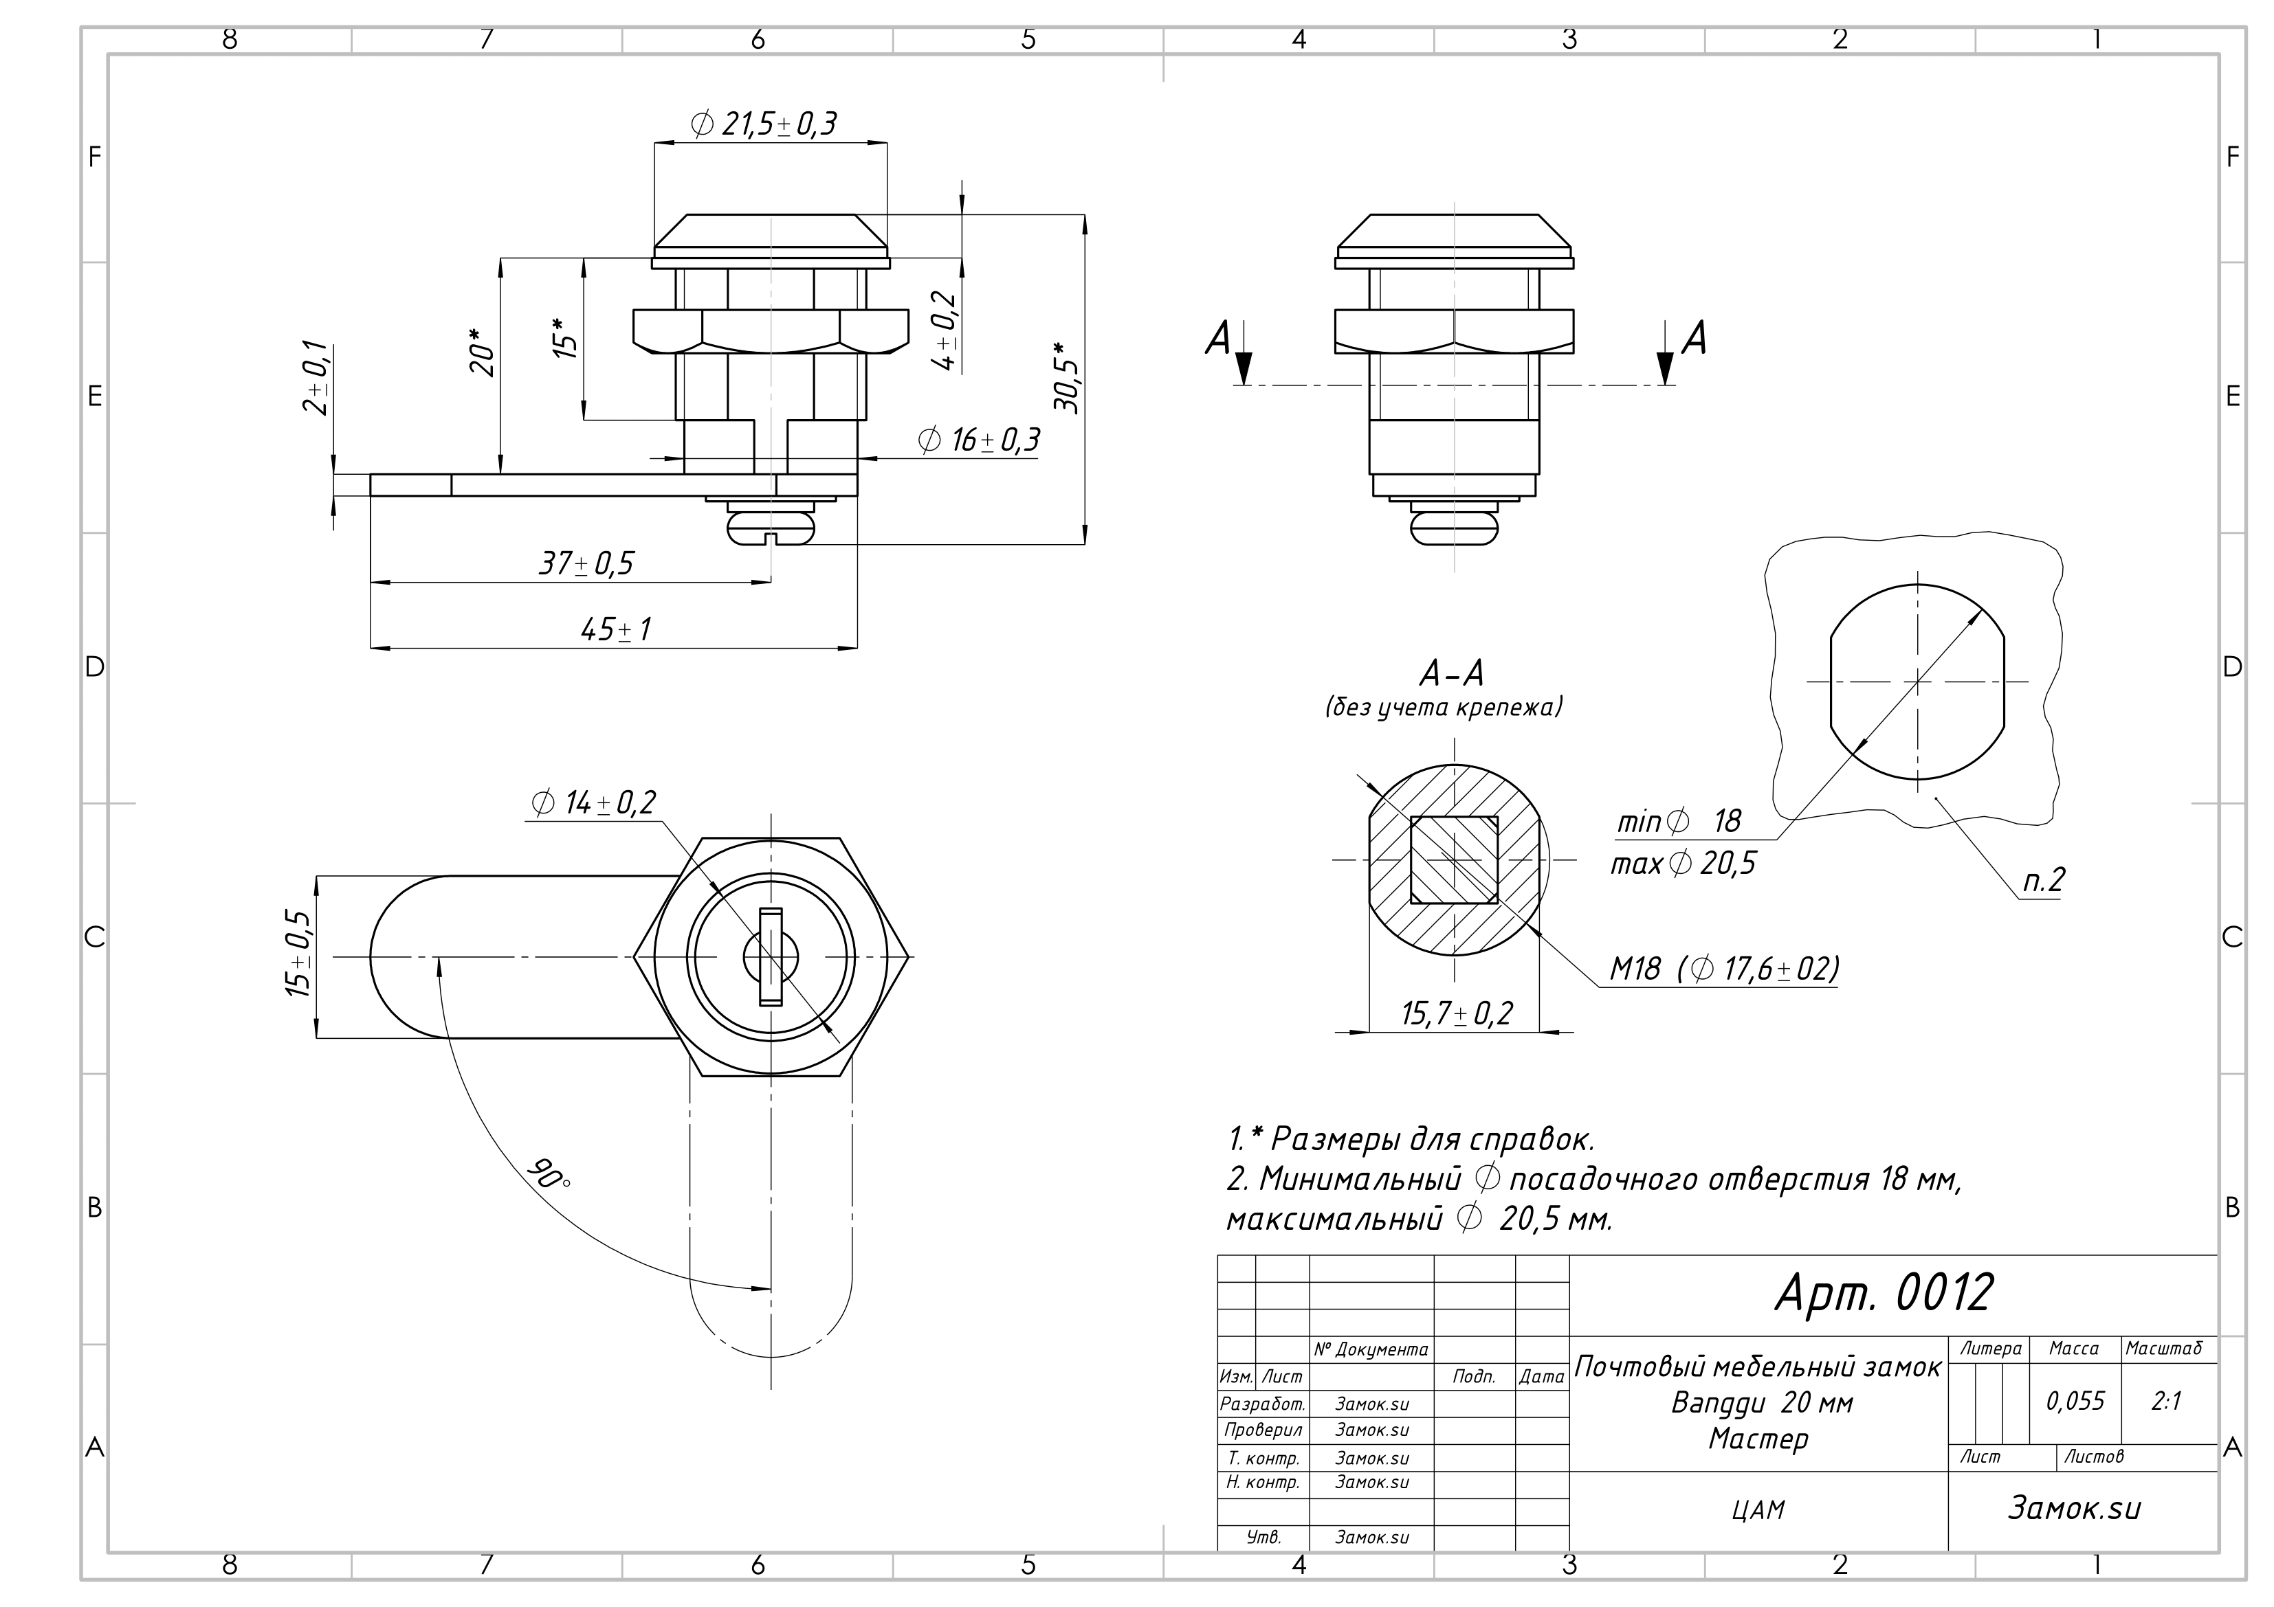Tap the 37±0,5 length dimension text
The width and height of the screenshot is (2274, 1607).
[x=586, y=564]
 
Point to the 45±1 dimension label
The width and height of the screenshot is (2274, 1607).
[x=616, y=630]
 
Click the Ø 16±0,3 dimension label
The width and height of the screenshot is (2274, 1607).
[x=978, y=440]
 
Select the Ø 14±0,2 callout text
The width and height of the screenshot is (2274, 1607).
[x=593, y=803]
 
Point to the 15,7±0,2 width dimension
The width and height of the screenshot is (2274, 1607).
[x=1456, y=1014]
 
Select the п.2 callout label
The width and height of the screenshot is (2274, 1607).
[x=2042, y=880]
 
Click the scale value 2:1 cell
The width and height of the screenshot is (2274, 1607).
[x=2166, y=1401]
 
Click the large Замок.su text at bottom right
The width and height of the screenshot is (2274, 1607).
[x=2074, y=1508]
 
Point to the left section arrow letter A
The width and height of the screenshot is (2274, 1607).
[x=1217, y=339]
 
